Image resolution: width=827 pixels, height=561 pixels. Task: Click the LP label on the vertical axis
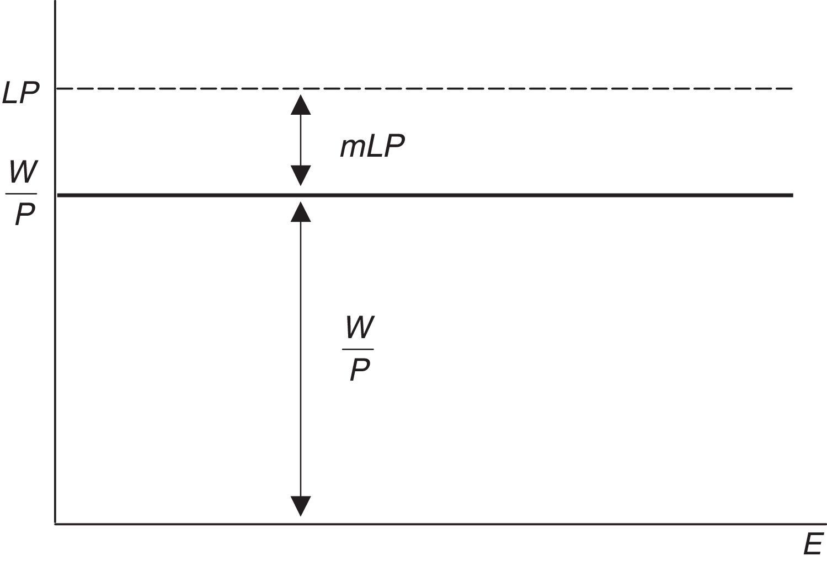tap(21, 94)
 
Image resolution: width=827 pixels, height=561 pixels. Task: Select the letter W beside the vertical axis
tap(22, 174)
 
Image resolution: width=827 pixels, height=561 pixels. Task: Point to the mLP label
tap(372, 147)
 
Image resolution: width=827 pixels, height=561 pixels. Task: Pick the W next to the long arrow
tap(359, 328)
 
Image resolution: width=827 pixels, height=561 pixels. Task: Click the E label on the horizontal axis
tap(813, 545)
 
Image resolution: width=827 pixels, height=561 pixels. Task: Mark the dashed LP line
tap(497, 88)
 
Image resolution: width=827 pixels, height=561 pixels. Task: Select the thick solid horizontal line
tap(497, 195)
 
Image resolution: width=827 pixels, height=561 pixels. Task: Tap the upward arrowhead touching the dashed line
tap(301, 104)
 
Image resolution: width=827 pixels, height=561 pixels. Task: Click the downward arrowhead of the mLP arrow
tap(301, 175)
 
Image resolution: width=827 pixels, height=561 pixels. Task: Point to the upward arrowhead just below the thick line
tap(301, 212)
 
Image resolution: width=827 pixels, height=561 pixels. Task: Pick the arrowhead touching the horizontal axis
tap(301, 506)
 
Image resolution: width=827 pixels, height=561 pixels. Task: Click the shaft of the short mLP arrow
tap(301, 140)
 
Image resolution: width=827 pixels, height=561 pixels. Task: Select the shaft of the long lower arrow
tap(301, 359)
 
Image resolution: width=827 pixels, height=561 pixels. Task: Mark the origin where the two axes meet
tap(56, 523)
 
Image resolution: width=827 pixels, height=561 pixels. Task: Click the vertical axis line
tap(56, 331)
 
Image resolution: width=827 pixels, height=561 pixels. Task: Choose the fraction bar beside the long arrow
tap(358, 349)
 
